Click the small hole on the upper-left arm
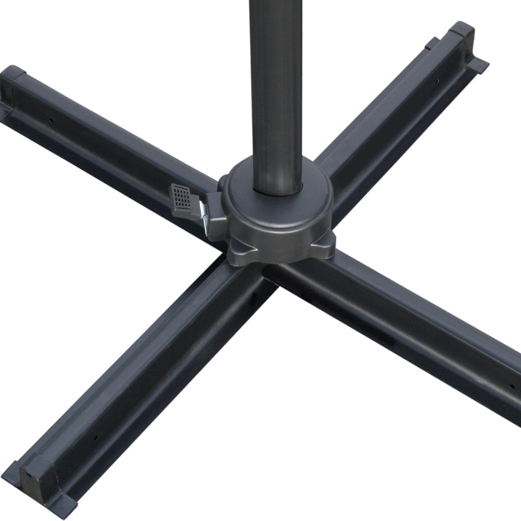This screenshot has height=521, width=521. (51, 120)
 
